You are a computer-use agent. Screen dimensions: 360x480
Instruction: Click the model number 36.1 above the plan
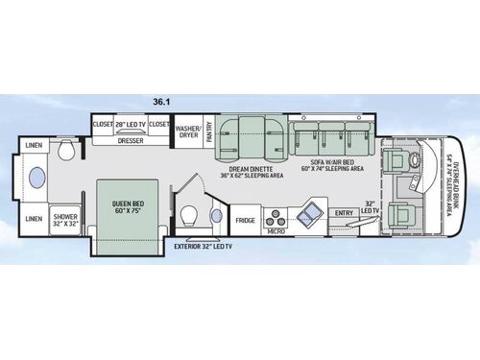(160, 100)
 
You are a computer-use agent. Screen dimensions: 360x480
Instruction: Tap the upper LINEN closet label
(35, 145)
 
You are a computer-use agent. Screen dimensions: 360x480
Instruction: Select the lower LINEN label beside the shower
(34, 219)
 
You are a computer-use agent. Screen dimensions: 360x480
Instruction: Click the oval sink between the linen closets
(36, 181)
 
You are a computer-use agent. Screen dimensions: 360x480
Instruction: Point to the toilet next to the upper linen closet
(67, 151)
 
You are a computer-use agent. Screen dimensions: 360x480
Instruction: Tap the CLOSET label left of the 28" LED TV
(103, 125)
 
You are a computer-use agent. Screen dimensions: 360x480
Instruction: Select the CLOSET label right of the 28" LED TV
(158, 125)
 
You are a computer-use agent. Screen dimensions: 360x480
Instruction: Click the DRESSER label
(131, 140)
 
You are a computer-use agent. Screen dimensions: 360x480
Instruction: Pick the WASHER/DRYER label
(188, 131)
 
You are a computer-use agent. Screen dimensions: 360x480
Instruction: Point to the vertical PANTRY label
(209, 131)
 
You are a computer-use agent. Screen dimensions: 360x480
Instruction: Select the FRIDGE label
(246, 220)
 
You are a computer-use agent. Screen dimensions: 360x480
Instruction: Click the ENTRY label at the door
(344, 213)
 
